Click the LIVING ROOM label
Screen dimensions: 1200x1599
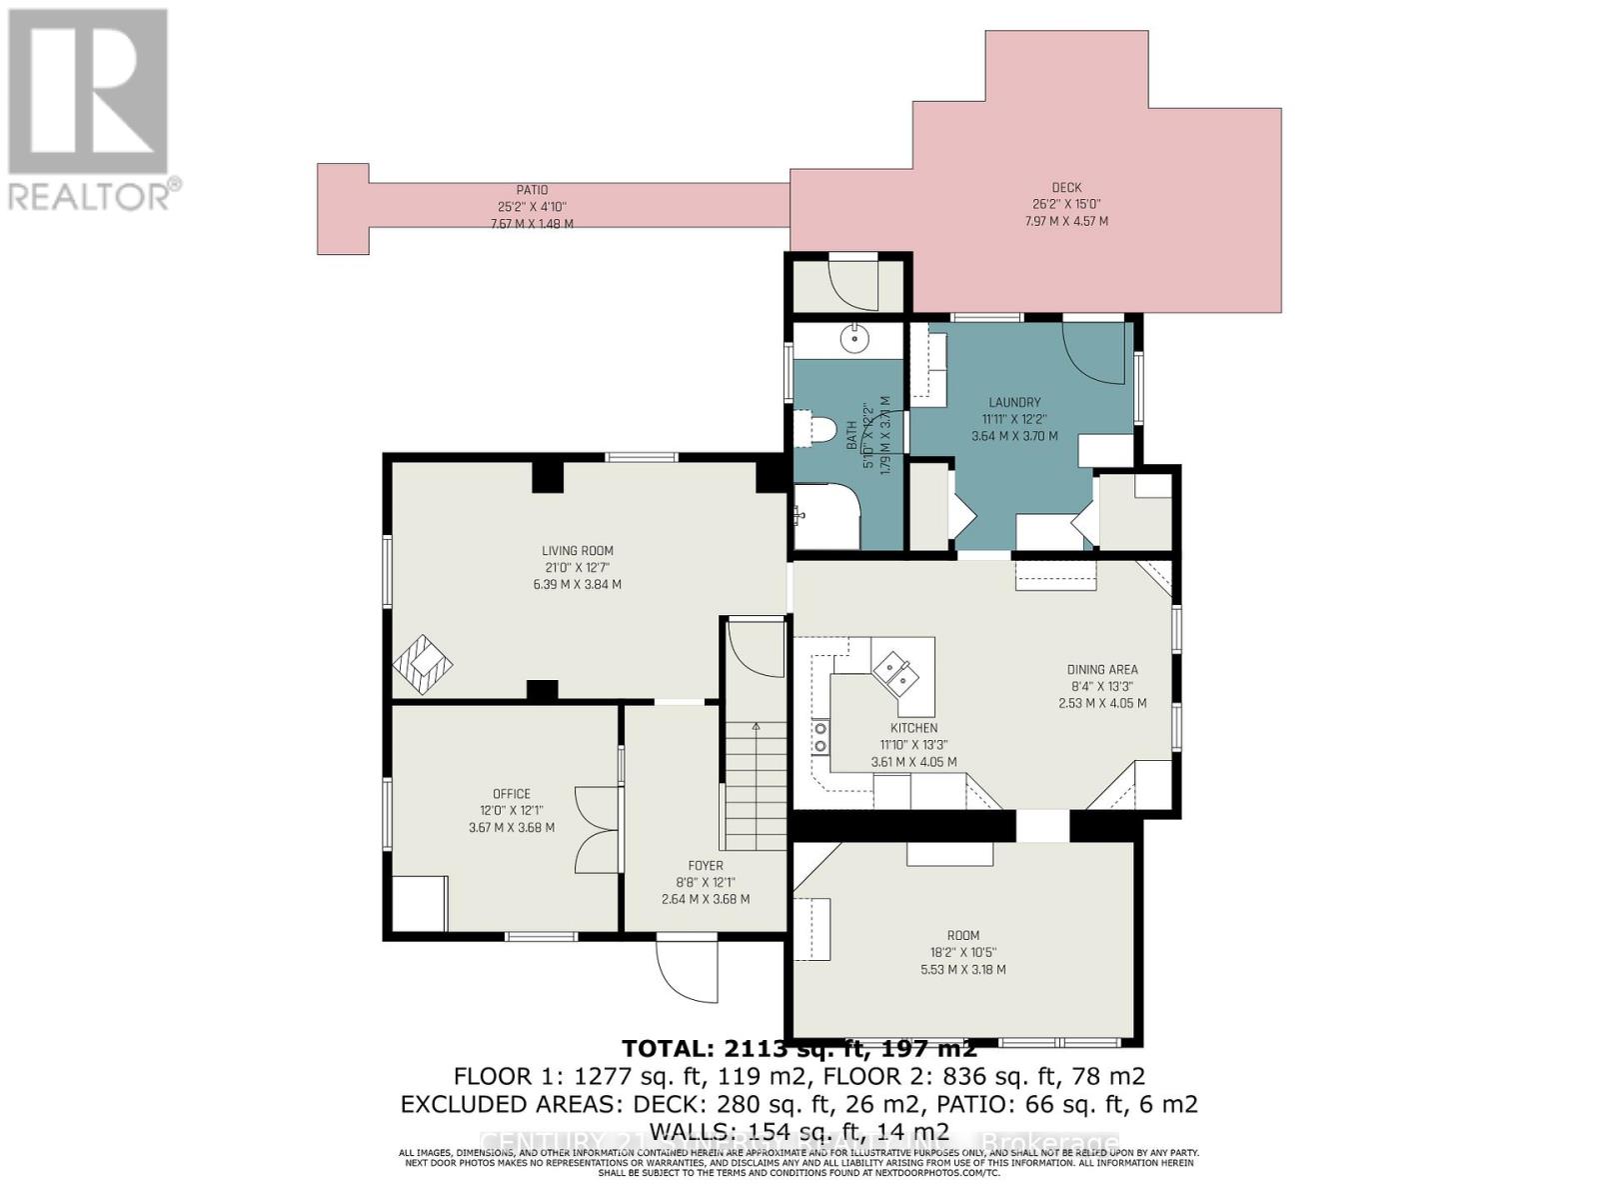[578, 551]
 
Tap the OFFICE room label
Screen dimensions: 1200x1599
[511, 794]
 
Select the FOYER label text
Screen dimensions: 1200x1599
[706, 866]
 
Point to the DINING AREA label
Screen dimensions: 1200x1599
[1101, 670]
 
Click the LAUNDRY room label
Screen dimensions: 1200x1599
[1014, 403]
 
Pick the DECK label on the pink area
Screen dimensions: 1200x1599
[1066, 188]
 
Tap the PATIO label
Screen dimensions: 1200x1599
[532, 190]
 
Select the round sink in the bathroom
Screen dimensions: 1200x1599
[854, 340]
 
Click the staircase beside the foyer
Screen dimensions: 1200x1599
[756, 790]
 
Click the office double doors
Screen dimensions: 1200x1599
[596, 828]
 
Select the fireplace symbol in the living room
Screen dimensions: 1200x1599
[422, 664]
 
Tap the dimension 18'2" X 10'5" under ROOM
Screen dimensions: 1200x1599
[962, 953]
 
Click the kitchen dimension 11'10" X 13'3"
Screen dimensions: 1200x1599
[913, 745]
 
